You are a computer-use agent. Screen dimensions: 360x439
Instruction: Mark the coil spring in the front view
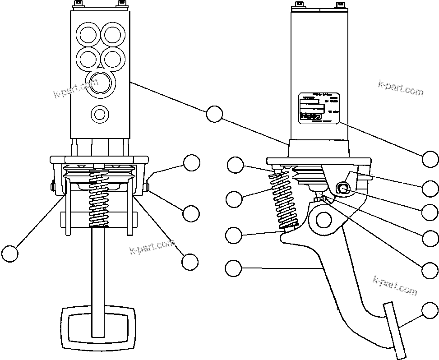(x=99, y=198)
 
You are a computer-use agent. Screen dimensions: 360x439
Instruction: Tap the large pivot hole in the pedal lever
(x=323, y=219)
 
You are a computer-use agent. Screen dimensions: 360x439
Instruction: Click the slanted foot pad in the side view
(x=395, y=331)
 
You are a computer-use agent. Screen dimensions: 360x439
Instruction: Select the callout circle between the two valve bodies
(x=214, y=114)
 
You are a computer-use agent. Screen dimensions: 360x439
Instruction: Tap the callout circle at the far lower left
(x=9, y=254)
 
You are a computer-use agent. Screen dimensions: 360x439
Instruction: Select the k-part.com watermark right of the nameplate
(x=401, y=88)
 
